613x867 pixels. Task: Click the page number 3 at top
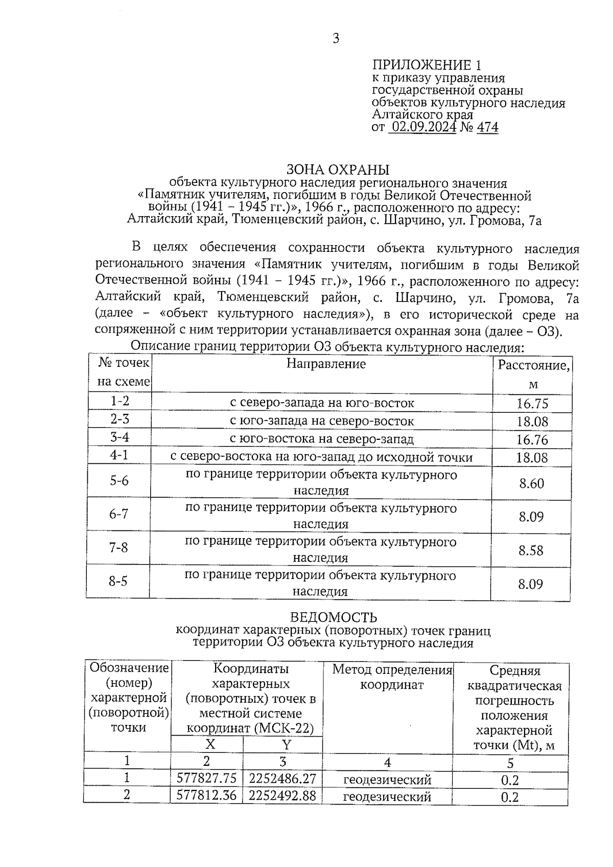point(336,38)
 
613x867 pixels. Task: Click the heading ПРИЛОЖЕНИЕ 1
point(427,65)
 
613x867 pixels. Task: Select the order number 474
point(487,127)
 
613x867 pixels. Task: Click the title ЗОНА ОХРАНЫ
point(337,169)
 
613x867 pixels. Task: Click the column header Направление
point(326,364)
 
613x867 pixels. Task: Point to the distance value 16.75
point(532,404)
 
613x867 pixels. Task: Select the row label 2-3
point(120,419)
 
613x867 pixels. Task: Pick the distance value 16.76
point(532,439)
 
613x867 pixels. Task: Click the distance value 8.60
point(531,483)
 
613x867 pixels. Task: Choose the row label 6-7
point(119,514)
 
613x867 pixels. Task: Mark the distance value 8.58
point(531,550)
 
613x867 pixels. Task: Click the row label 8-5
point(118,581)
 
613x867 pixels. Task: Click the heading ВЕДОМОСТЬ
point(334,618)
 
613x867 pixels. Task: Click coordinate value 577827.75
point(206,778)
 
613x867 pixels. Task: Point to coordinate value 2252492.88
point(282,795)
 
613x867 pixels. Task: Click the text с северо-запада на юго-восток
point(322,403)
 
